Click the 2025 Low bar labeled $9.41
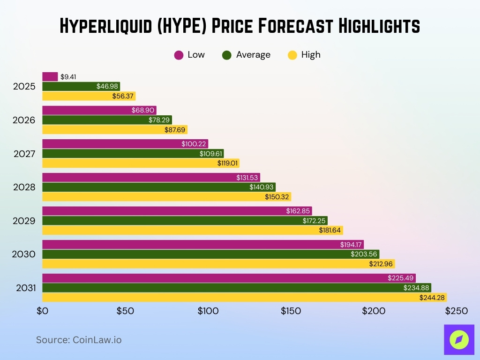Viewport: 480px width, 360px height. [x=50, y=76]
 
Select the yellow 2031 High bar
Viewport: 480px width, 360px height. [x=244, y=297]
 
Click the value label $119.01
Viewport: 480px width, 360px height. [x=228, y=163]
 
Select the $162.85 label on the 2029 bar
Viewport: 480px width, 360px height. [x=298, y=211]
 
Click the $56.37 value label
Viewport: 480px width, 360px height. [x=123, y=96]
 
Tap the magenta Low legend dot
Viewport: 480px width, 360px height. [x=179, y=55]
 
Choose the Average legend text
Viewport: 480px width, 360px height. [x=253, y=55]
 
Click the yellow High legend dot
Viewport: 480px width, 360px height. [x=292, y=55]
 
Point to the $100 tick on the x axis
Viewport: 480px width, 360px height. [x=208, y=311]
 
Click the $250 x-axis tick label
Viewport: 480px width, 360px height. [x=456, y=311]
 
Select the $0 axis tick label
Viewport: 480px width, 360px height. [x=42, y=311]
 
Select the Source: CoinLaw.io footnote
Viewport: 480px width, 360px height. [x=79, y=340]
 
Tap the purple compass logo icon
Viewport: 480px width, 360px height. [x=459, y=339]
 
